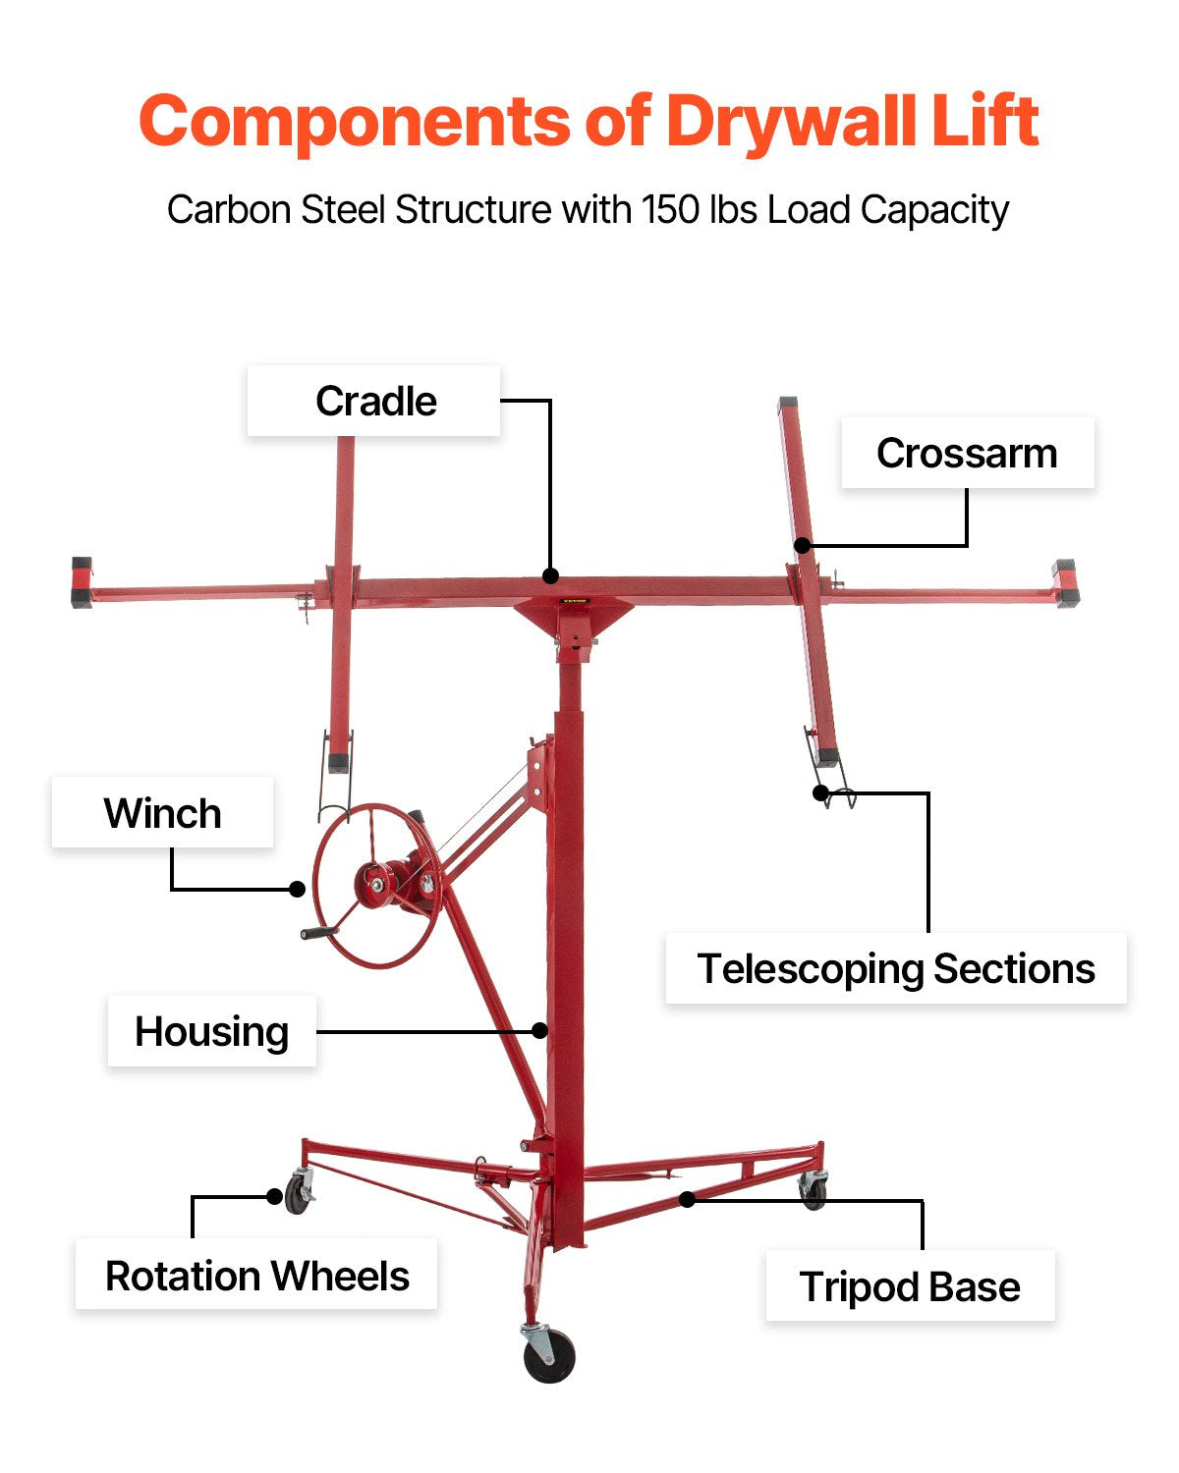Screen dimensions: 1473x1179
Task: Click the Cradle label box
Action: tap(374, 402)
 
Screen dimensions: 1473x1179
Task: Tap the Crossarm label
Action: tap(967, 454)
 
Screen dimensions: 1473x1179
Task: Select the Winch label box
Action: tap(162, 813)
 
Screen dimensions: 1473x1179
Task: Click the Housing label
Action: tap(211, 1032)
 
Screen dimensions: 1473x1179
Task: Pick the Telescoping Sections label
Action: tap(895, 969)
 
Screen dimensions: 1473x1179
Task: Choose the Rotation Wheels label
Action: tap(256, 1277)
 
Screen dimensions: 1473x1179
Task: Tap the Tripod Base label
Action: tap(910, 1286)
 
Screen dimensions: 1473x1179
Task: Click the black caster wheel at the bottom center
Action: tap(549, 1358)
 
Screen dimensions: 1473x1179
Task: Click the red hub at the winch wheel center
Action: tap(374, 881)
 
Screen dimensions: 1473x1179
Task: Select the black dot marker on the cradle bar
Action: tap(551, 575)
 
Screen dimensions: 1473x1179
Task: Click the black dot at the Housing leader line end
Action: tap(539, 1030)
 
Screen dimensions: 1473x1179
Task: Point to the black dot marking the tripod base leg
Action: tap(688, 1199)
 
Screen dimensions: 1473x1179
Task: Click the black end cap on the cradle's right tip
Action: tap(1065, 583)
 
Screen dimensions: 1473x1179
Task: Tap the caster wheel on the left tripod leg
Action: tap(297, 1197)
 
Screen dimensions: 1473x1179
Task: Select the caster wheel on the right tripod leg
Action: tap(814, 1193)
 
